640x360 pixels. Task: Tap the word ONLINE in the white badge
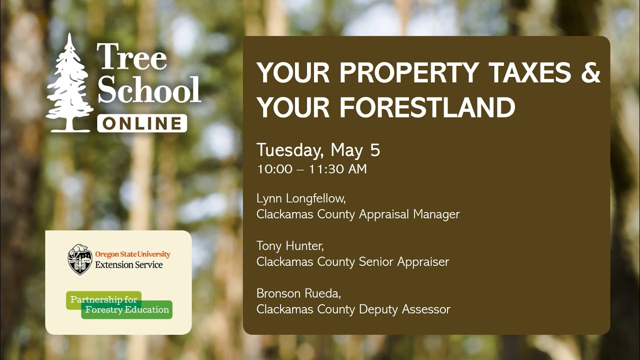pos(142,123)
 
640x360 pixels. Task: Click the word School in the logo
pos(149,89)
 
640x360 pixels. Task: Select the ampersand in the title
pos(590,72)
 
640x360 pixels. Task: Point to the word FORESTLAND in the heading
pos(427,107)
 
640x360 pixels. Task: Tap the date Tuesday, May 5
pos(318,150)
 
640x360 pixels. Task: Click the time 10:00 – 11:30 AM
pos(311,169)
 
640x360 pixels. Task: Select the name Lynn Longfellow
pos(300,198)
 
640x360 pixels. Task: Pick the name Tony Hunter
pos(289,246)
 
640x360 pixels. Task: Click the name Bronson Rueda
pos(298,293)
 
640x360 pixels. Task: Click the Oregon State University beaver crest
pos(80,259)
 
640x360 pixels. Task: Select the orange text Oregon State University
pos(132,254)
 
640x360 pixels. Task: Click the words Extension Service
pos(128,265)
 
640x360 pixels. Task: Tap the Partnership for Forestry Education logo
pos(119,304)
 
